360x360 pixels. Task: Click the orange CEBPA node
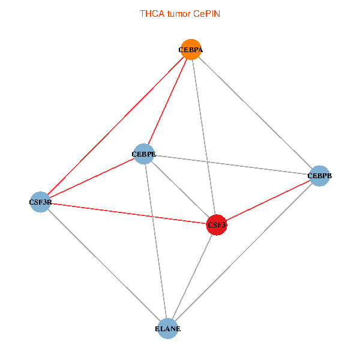[x=191, y=50]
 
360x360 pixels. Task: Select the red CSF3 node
[x=217, y=225]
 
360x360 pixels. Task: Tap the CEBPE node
[x=144, y=154]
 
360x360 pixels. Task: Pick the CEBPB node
[x=319, y=176]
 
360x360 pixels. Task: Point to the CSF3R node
[x=40, y=202]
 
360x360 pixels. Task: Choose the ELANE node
[x=167, y=329]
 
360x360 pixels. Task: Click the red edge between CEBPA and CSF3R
[x=115, y=126]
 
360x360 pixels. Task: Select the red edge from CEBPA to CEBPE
[x=167, y=102]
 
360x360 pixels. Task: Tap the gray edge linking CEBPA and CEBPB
[x=255, y=113]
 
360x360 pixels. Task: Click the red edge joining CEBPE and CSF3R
[x=92, y=178]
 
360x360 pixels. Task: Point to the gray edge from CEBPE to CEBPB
[x=232, y=165]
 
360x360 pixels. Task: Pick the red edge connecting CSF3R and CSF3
[x=128, y=214]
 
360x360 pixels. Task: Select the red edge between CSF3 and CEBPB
[x=268, y=200]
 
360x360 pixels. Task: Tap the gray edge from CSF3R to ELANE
[x=104, y=265]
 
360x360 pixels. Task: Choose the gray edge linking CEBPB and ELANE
[x=243, y=253]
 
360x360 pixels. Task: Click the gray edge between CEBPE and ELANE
[x=155, y=241]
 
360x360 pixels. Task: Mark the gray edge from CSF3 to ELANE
[x=192, y=277]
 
